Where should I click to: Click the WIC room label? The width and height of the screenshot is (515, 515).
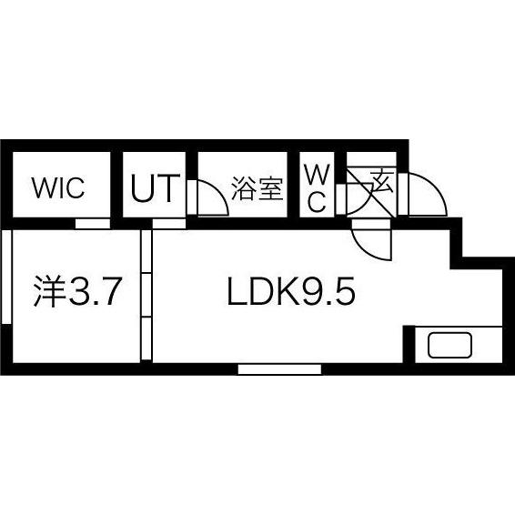tap(58, 187)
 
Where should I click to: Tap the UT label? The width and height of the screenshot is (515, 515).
tap(156, 187)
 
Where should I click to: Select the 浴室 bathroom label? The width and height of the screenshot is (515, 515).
tap(257, 188)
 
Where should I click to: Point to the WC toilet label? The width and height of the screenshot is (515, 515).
tap(317, 188)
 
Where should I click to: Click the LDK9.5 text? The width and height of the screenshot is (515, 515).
tap(291, 291)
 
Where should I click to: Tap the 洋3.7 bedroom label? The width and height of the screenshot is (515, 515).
tap(78, 292)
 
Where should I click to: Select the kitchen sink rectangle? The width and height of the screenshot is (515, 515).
tap(449, 345)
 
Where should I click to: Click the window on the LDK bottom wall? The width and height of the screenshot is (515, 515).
tap(279, 369)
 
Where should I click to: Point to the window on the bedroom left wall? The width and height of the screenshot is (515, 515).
tap(6, 277)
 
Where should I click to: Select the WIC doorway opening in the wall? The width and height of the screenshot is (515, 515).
tap(93, 224)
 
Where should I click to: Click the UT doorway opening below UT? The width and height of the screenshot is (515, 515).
tap(169, 224)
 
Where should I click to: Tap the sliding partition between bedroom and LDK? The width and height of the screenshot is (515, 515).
tap(146, 295)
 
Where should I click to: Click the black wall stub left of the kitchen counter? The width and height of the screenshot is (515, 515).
tap(409, 344)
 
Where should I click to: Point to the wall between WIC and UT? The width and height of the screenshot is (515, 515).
tap(116, 185)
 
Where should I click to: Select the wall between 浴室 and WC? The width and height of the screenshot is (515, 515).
tap(294, 185)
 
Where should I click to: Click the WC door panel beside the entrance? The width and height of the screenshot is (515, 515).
tap(341, 199)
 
